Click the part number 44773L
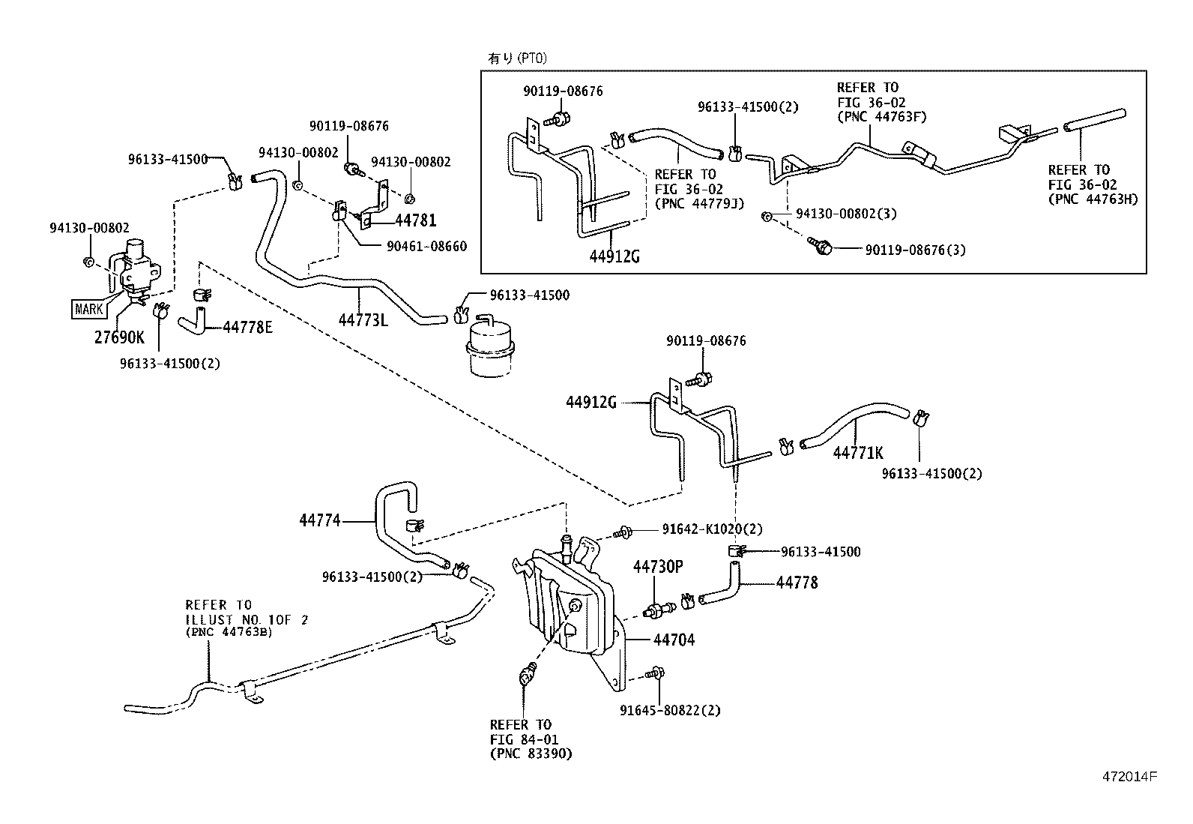click(x=363, y=320)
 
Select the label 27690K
click(x=120, y=337)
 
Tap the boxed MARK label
click(x=89, y=309)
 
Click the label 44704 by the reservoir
click(x=674, y=640)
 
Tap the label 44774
click(x=320, y=519)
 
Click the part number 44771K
click(x=858, y=453)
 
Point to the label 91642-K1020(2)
click(x=712, y=529)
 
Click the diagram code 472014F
click(x=1130, y=777)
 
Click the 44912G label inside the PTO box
click(x=614, y=256)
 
